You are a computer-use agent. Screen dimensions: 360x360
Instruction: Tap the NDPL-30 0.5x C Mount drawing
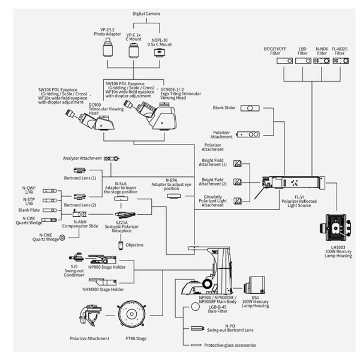(160, 52)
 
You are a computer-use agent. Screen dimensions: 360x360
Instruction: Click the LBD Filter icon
(302, 61)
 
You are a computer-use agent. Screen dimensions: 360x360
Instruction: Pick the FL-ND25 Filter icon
(340, 61)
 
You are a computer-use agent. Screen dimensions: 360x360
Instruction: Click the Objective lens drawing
(121, 244)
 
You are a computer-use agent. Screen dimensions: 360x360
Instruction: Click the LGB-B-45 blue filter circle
(194, 305)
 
